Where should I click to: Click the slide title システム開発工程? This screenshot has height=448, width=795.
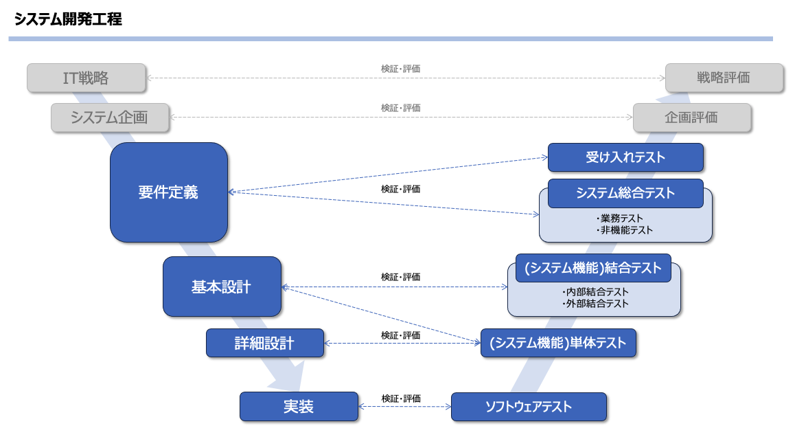[x=68, y=20]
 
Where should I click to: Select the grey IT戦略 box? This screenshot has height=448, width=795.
[x=87, y=78]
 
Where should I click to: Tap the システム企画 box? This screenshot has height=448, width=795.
[x=110, y=117]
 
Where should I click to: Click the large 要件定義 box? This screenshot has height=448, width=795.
[x=168, y=192]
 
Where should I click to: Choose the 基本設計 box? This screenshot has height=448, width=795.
[x=222, y=287]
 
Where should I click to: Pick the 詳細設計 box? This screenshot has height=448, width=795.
[x=264, y=343]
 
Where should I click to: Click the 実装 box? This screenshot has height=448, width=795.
[x=299, y=406]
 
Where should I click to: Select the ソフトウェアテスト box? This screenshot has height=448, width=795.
[x=529, y=406]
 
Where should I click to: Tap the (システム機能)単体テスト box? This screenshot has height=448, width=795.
[x=558, y=343]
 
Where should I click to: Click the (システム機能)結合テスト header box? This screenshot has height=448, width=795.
[x=592, y=268]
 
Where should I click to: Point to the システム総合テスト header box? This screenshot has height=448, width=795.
[x=625, y=193]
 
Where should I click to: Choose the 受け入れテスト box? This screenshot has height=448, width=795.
[x=625, y=157]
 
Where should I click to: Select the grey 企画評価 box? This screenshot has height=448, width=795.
[x=691, y=117]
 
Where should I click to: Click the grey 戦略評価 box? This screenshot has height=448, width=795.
[x=724, y=78]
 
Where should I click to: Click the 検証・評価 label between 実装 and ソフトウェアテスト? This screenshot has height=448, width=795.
[x=401, y=399]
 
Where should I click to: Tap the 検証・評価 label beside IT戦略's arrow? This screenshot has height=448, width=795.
[x=401, y=69]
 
